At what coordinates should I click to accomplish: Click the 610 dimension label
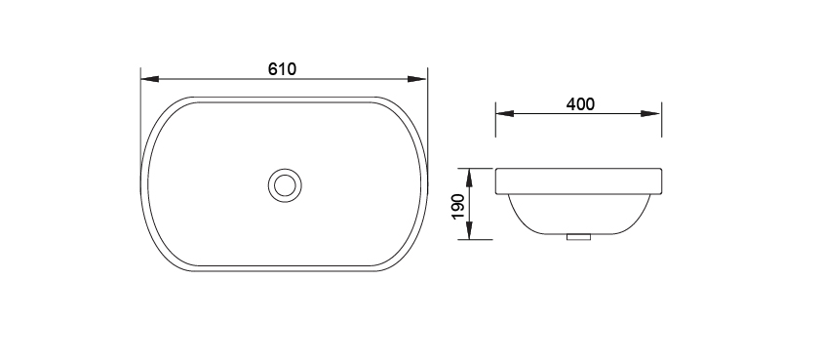[282, 69]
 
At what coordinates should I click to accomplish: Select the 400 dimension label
[580, 104]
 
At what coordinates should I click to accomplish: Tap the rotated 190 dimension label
[458, 207]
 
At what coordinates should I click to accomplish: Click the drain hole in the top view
[285, 185]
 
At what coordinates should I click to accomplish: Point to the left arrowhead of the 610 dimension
[150, 79]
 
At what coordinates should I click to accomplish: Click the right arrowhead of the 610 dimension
[417, 79]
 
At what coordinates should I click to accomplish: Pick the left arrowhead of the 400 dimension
[505, 114]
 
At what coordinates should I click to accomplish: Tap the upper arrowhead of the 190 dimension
[469, 178]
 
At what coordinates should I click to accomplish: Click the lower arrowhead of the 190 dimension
[469, 230]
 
